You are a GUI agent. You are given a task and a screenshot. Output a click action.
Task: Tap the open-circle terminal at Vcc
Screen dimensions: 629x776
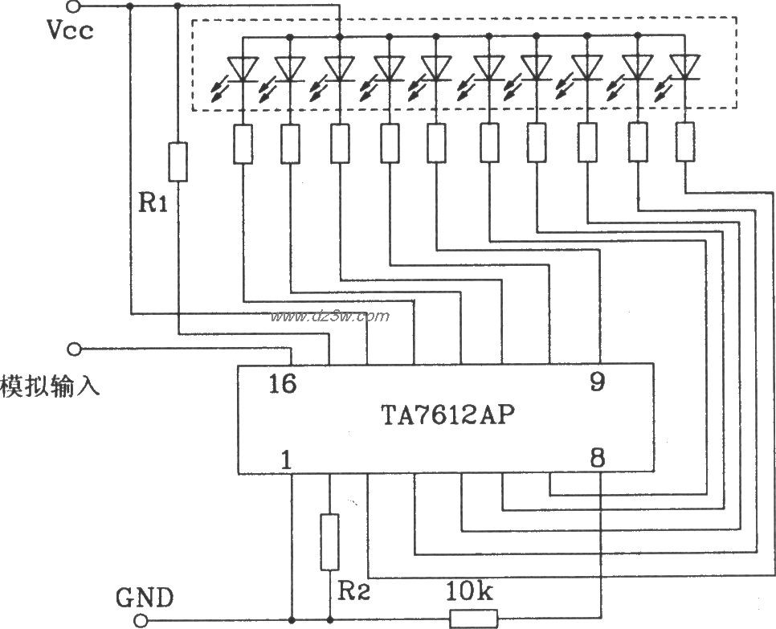click(x=75, y=7)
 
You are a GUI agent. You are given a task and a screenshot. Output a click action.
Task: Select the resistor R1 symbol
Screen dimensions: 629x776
click(x=178, y=161)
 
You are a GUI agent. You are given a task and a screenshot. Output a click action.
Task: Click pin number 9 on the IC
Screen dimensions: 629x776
click(x=596, y=382)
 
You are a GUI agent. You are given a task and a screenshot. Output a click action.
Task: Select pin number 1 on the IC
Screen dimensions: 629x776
click(x=286, y=459)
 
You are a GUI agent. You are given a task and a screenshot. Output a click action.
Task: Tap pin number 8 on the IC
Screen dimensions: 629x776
click(x=597, y=459)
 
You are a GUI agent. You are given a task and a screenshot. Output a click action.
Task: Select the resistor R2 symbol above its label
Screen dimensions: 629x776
click(x=329, y=542)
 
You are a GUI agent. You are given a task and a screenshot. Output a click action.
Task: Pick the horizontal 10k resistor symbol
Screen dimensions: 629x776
click(x=474, y=619)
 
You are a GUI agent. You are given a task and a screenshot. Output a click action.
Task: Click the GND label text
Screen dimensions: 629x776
click(x=144, y=598)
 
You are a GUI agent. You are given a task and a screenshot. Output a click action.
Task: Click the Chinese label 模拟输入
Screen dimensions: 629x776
click(x=50, y=386)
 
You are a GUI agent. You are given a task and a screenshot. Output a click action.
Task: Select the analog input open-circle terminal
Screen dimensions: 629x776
click(x=75, y=349)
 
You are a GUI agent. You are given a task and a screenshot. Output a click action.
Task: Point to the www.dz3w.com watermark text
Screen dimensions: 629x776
click(x=330, y=317)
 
